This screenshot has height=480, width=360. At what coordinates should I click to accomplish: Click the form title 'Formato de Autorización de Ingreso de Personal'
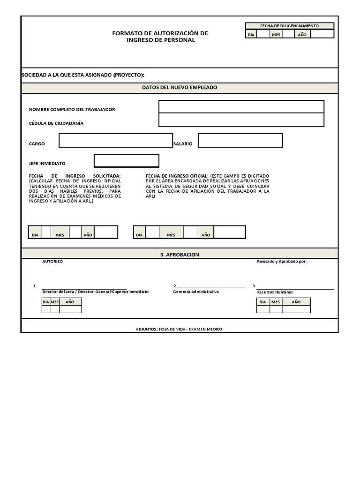click(160, 37)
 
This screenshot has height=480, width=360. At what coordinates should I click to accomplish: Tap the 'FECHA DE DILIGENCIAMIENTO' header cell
click(289, 26)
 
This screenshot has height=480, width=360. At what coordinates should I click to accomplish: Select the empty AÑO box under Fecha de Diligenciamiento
click(322, 34)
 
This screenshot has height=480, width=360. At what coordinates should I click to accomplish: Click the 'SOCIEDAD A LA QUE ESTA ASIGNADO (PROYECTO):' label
click(83, 75)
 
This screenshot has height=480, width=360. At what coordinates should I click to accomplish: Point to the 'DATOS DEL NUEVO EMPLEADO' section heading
click(180, 88)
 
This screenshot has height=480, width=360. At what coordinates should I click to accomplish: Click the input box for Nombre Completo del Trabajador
click(241, 107)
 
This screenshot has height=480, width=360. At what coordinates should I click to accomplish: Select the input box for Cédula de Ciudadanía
click(241, 120)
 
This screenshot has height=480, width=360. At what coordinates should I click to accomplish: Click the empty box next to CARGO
click(115, 140)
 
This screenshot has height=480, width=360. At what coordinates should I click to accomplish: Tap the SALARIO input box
click(240, 140)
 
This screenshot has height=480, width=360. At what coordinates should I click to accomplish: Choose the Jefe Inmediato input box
click(126, 161)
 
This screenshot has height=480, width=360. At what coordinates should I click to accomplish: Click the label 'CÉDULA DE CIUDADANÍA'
click(56, 123)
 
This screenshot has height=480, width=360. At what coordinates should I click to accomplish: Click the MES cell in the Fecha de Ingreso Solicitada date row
click(60, 235)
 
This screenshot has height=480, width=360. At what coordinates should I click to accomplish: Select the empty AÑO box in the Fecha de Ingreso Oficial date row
click(229, 232)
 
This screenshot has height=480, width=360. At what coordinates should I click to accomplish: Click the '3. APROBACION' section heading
click(180, 255)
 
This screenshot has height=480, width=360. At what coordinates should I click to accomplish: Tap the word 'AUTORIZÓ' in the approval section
click(52, 262)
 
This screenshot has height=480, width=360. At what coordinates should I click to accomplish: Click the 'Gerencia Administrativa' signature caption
click(196, 292)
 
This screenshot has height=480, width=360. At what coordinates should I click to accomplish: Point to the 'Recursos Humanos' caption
click(275, 292)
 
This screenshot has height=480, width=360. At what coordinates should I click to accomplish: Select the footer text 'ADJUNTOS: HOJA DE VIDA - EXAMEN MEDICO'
click(179, 329)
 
